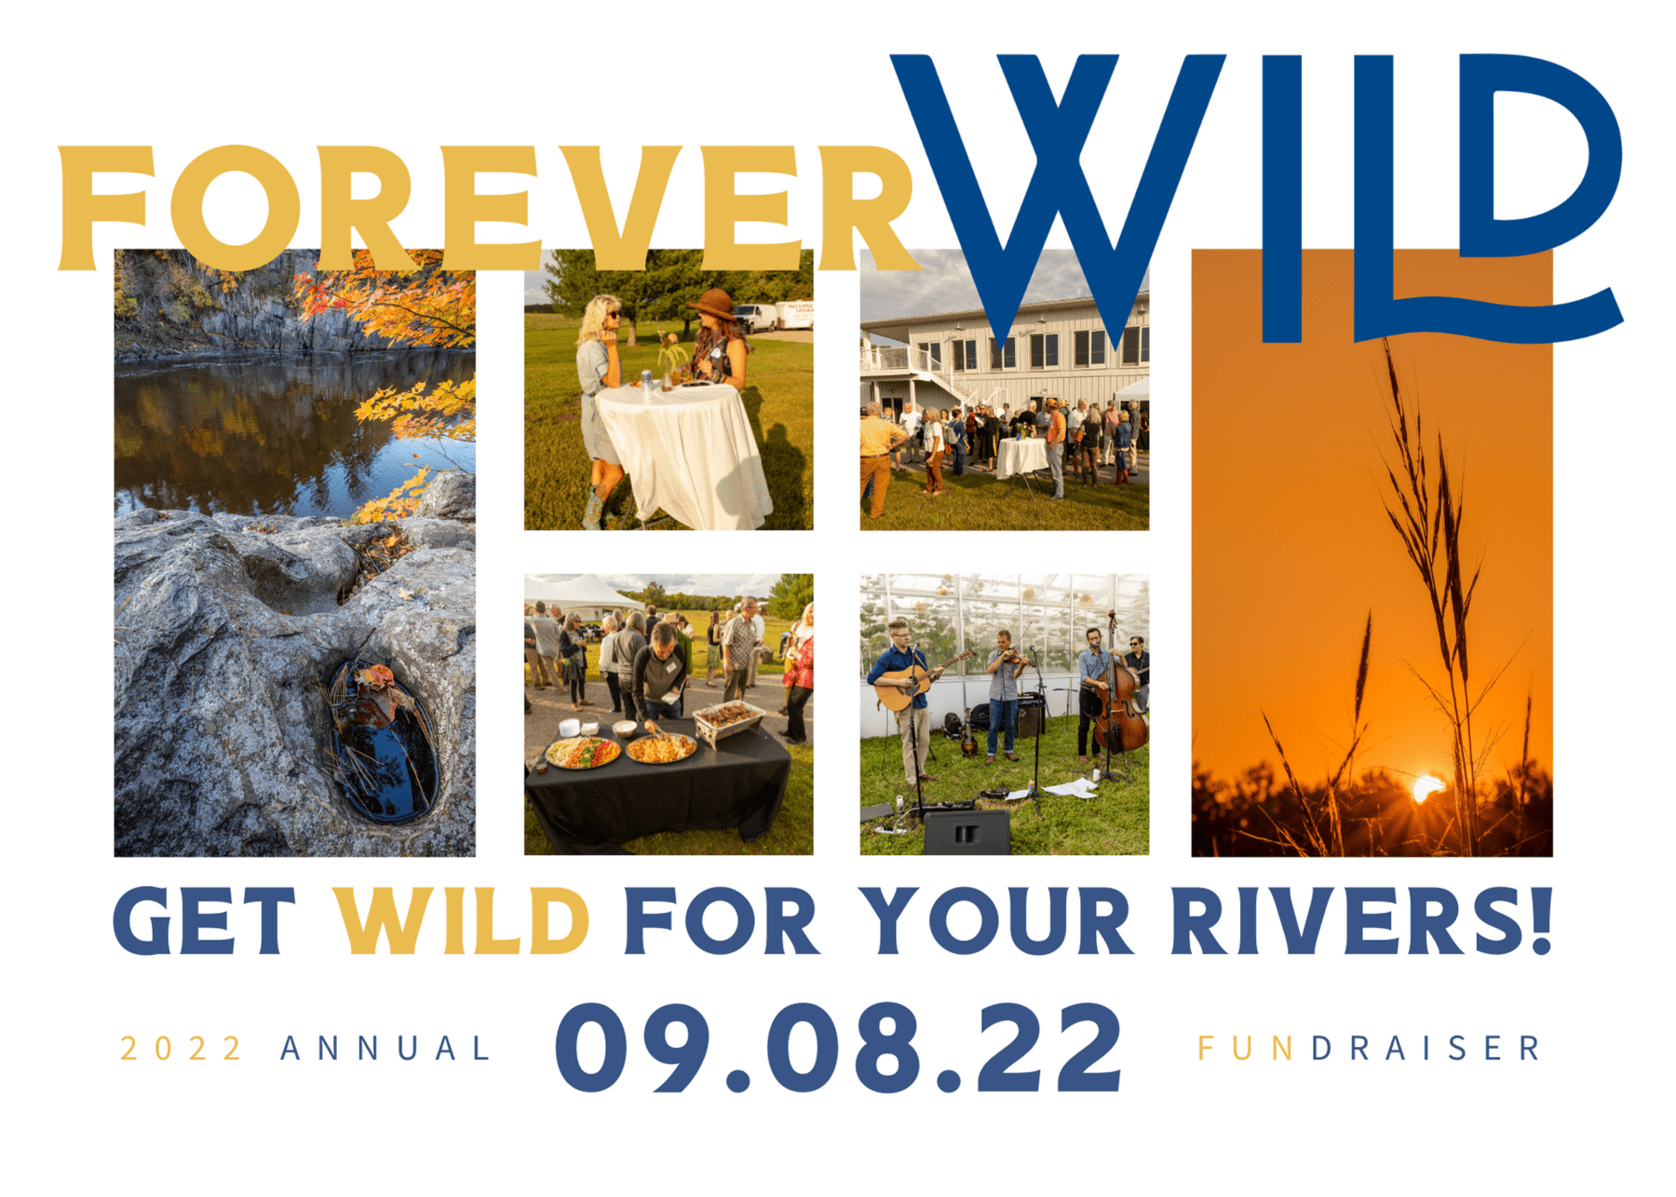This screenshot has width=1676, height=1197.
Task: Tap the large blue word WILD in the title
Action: coord(1257,198)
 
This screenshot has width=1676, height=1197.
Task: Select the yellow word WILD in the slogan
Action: coord(463,921)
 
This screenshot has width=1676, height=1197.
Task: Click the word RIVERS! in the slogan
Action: coord(1362,921)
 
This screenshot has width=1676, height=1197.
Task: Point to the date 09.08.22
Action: coord(839,1048)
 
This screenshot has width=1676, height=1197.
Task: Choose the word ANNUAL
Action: coord(385,1049)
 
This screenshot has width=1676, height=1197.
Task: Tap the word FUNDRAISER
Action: coord(1369,1049)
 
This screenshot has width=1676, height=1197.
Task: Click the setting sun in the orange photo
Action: coord(1427,791)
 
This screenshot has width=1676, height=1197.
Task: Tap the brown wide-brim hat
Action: coord(712,305)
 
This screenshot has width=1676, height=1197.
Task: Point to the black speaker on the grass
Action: coord(966,831)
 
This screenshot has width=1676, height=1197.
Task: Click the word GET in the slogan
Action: coord(205,921)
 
